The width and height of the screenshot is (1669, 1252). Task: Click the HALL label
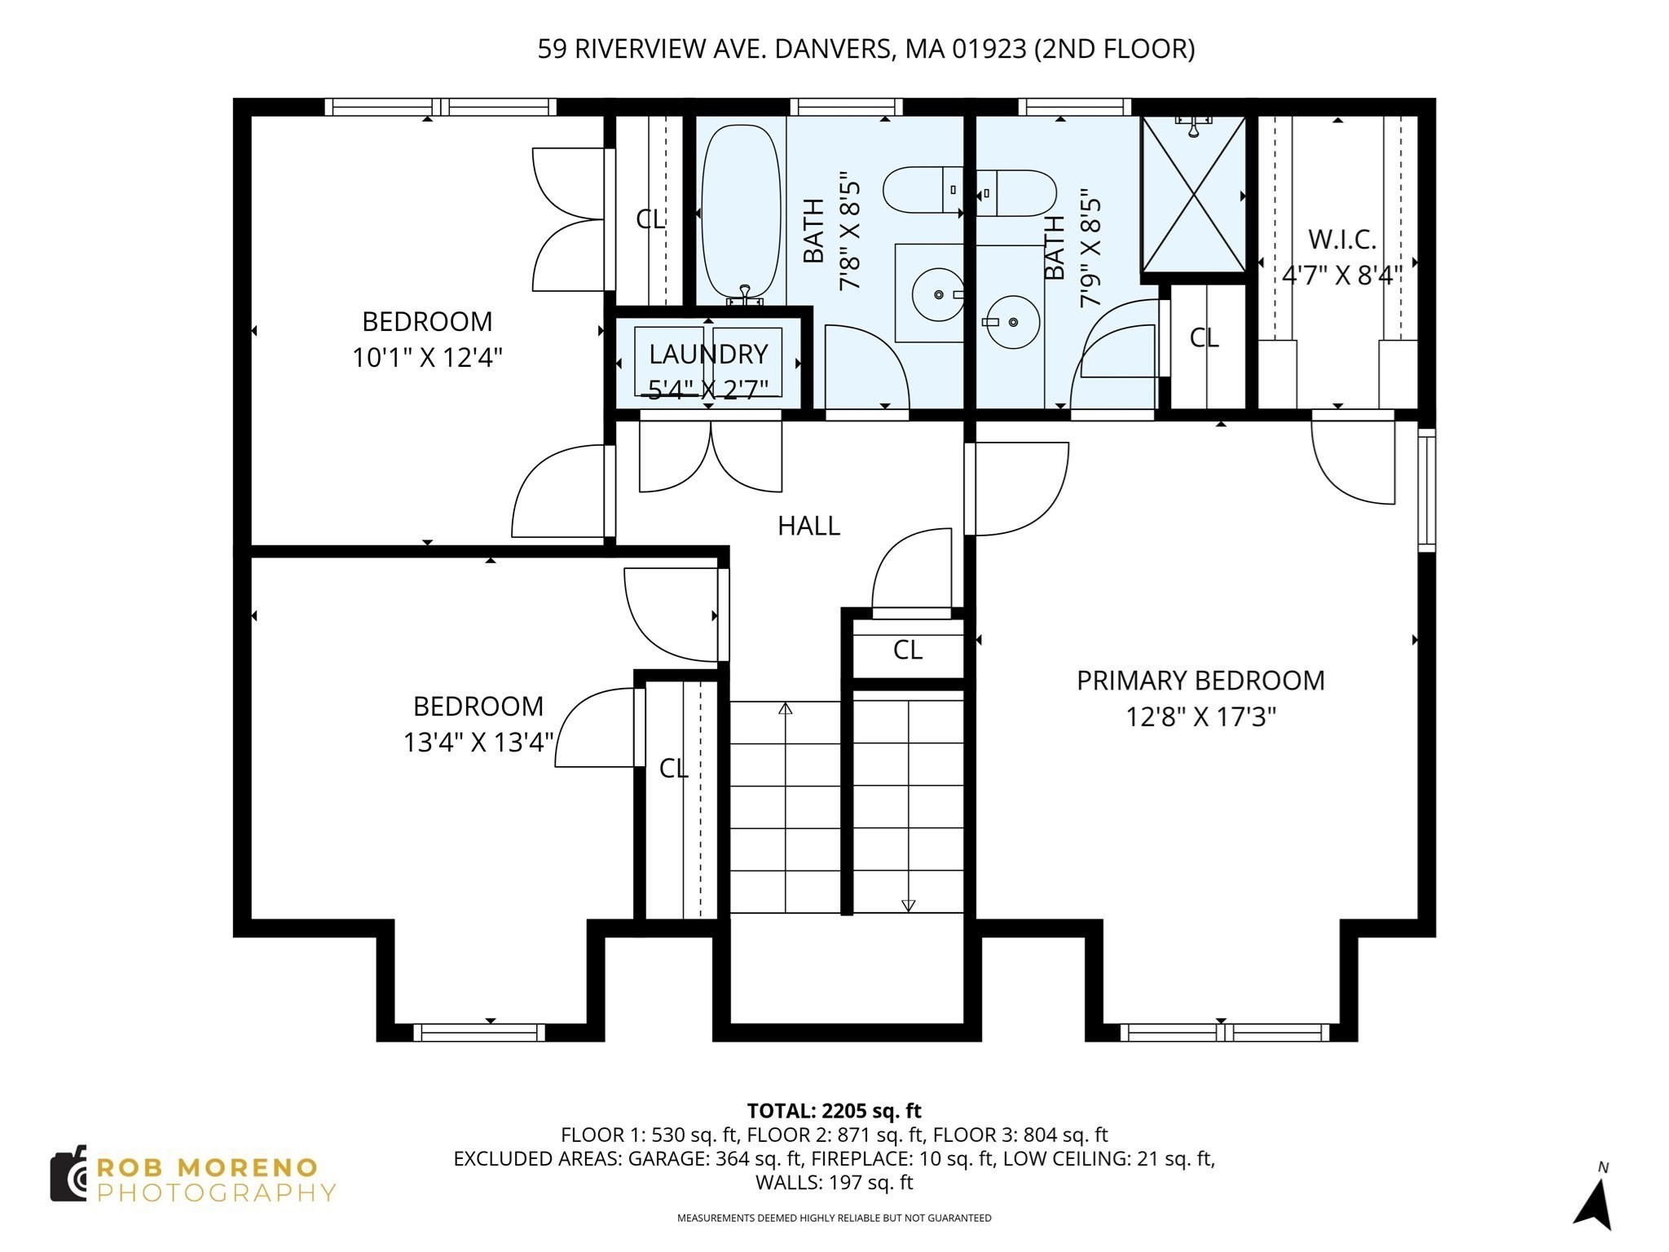click(x=808, y=526)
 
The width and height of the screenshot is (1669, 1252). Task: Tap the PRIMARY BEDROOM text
click(x=1200, y=681)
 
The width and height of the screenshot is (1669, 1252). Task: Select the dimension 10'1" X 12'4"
click(x=427, y=358)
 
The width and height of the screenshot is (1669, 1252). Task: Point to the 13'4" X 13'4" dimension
click(x=478, y=743)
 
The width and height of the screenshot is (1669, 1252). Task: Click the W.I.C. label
click(x=1342, y=240)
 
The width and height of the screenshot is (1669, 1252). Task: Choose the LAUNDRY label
click(x=708, y=355)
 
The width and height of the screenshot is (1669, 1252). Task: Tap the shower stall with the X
click(x=1193, y=195)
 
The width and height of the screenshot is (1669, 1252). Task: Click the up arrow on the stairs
click(x=786, y=708)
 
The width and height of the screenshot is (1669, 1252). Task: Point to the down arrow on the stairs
click(x=908, y=905)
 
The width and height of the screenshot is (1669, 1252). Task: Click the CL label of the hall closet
click(x=907, y=650)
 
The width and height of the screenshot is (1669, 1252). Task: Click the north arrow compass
click(x=1596, y=1201)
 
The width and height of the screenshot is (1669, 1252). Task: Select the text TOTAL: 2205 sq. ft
click(x=834, y=1111)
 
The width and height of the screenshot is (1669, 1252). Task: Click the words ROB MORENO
click(x=207, y=1167)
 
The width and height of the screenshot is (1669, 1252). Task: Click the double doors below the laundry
click(x=711, y=456)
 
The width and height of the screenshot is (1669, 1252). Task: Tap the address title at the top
click(x=865, y=50)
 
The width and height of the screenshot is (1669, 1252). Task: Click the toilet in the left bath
click(x=921, y=190)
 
